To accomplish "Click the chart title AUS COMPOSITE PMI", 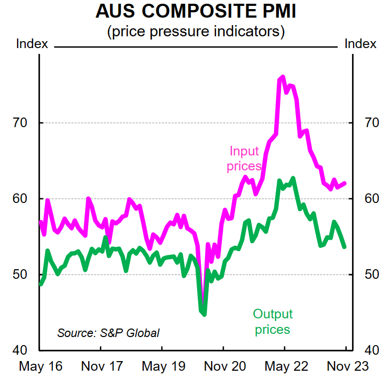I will coord(196,12).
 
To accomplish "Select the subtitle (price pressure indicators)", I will coord(196,32).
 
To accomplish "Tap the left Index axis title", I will coord(33,44).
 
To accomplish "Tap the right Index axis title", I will coord(361,44).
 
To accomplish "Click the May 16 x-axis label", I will coord(41,366).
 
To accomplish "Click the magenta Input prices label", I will coord(244,159).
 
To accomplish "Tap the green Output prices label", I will coord(272,322).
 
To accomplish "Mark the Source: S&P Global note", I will coord(108,333).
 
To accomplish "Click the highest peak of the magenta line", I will coord(283,77).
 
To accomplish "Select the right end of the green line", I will coord(345,247).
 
